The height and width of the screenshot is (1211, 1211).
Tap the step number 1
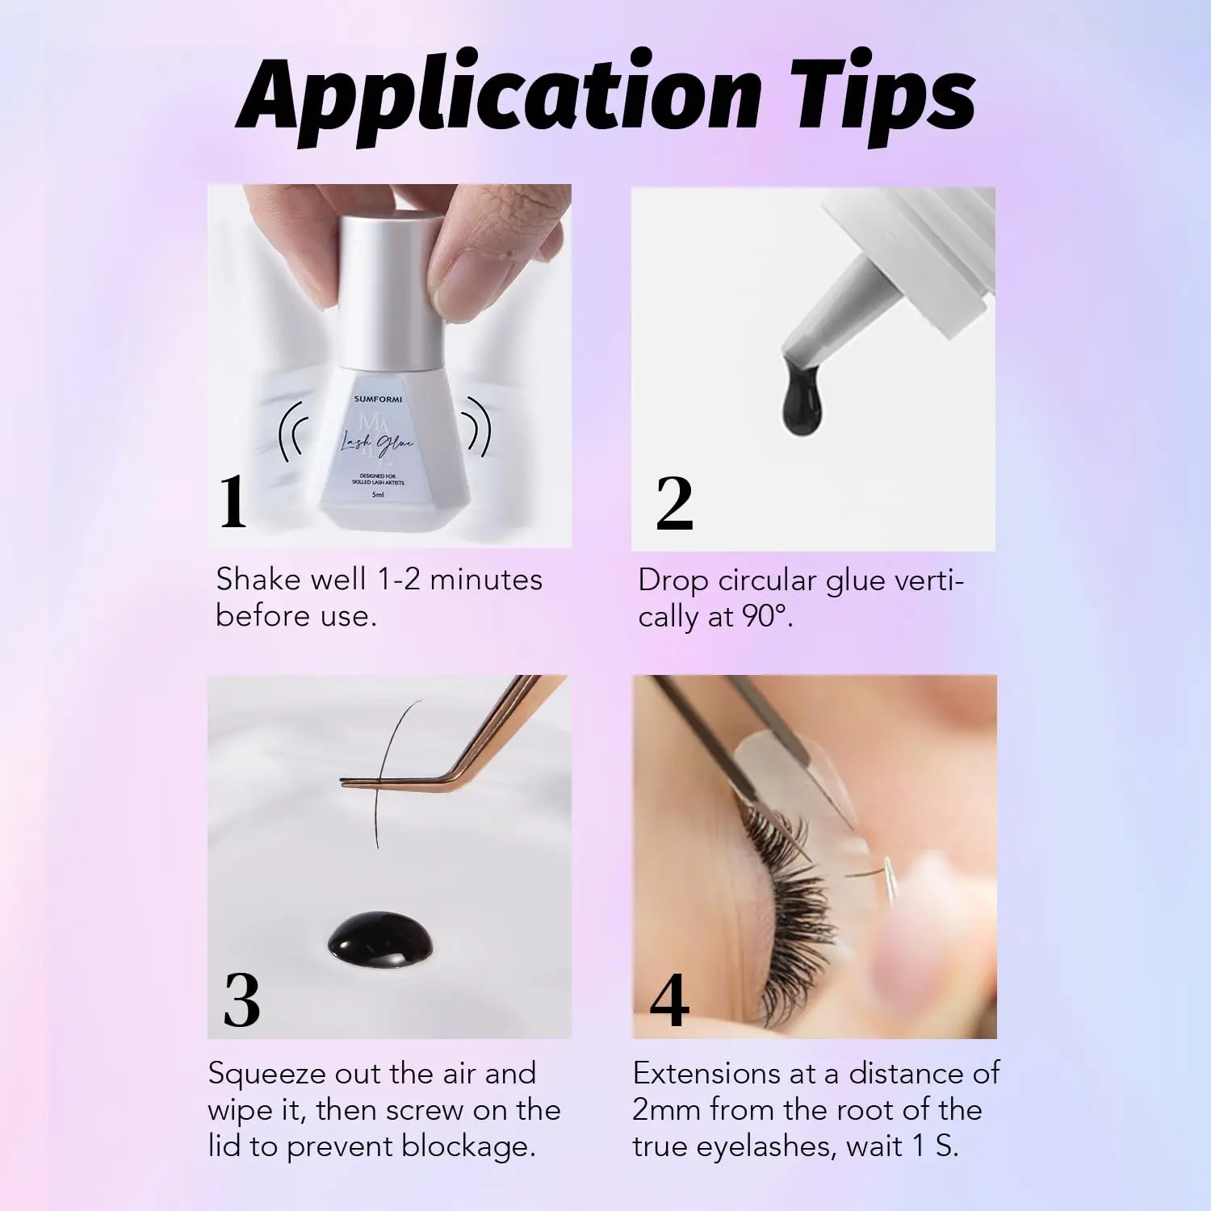point(233,502)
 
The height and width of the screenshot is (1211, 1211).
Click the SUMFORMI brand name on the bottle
point(378,399)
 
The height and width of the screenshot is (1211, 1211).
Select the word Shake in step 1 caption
point(255,580)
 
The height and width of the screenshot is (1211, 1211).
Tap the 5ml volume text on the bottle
point(378,495)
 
